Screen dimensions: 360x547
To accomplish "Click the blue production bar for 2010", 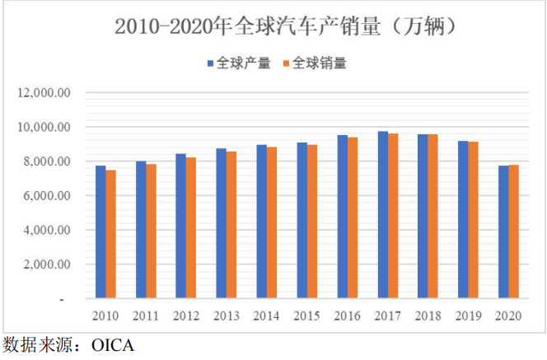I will [x=101, y=232].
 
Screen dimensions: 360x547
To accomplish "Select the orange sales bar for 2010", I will [x=110, y=235].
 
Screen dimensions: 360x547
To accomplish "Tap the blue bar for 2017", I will [x=383, y=215].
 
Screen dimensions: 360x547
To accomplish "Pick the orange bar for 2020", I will [x=514, y=232].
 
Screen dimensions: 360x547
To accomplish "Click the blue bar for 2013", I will [x=222, y=223].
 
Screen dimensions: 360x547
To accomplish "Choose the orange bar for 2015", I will [x=312, y=222].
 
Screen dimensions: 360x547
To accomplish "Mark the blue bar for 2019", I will [x=464, y=220].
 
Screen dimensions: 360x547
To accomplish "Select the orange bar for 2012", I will [x=191, y=228].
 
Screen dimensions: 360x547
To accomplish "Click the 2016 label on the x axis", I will [x=348, y=316].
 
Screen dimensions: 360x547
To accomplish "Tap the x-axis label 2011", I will [x=146, y=316].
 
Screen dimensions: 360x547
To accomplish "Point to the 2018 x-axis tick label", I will [x=428, y=316].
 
